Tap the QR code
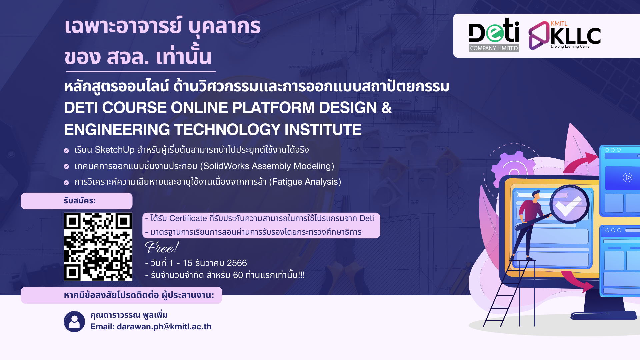coord(98,247)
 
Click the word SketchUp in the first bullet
coord(114,150)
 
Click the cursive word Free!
coord(162,248)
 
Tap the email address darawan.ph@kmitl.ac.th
coord(164,327)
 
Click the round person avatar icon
coord(74,322)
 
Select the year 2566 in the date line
coord(237,263)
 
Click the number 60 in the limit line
coord(238,275)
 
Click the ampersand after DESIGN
coord(386,108)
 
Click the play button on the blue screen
coord(627,177)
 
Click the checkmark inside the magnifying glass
coord(569,205)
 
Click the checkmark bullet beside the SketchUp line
coord(66,151)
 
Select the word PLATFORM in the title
coord(273,108)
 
